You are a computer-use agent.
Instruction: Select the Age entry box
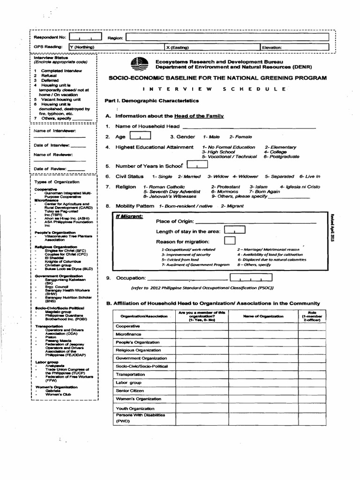(140, 136)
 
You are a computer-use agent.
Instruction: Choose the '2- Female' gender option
(240, 137)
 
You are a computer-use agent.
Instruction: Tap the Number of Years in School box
(197, 165)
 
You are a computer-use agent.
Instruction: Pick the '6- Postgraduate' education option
(281, 157)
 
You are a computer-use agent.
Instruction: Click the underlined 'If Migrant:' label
(129, 217)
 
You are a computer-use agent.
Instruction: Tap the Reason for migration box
(230, 241)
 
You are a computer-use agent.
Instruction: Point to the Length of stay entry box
(235, 231)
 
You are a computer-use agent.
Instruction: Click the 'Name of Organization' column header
(263, 316)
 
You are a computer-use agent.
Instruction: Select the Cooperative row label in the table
(128, 326)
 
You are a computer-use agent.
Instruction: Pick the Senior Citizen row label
(129, 390)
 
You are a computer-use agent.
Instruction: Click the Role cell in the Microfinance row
(312, 334)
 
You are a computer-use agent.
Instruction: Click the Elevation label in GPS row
(272, 47)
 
